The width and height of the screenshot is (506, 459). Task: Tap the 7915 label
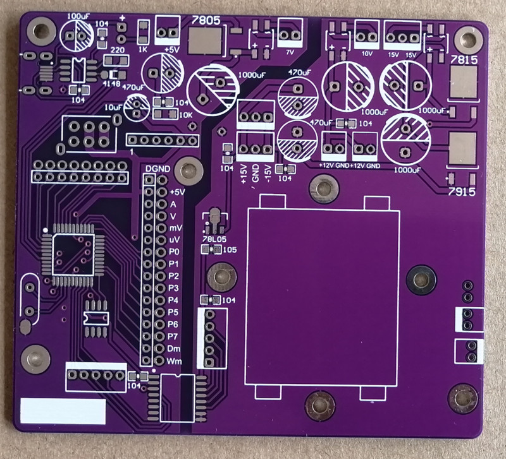(x=462, y=191)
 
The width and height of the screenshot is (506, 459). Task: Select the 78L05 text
(x=213, y=239)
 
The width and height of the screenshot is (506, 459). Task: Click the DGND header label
(x=157, y=169)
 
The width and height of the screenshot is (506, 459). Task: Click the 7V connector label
(x=290, y=52)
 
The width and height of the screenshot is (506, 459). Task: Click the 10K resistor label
(x=186, y=115)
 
